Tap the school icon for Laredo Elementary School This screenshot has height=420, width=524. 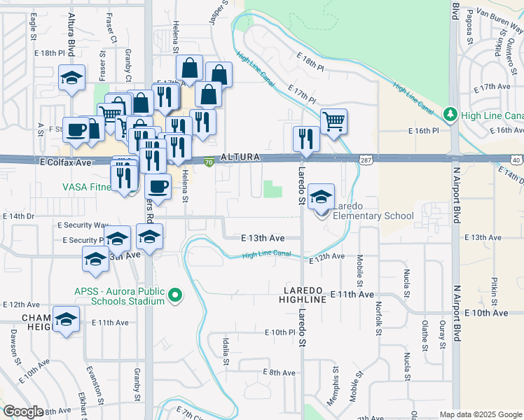[x=321, y=197]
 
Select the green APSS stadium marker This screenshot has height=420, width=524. [x=175, y=297]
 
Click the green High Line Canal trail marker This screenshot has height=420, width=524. [x=450, y=113]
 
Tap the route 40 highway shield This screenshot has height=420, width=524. [x=516, y=160]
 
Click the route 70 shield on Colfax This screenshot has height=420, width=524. [x=209, y=162]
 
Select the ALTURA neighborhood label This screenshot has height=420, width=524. [x=240, y=157]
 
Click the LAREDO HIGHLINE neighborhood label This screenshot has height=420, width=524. [x=305, y=295]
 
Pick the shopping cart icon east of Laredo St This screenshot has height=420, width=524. [x=334, y=121]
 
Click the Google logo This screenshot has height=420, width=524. [x=23, y=412]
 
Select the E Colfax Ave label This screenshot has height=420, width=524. [x=64, y=162]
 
